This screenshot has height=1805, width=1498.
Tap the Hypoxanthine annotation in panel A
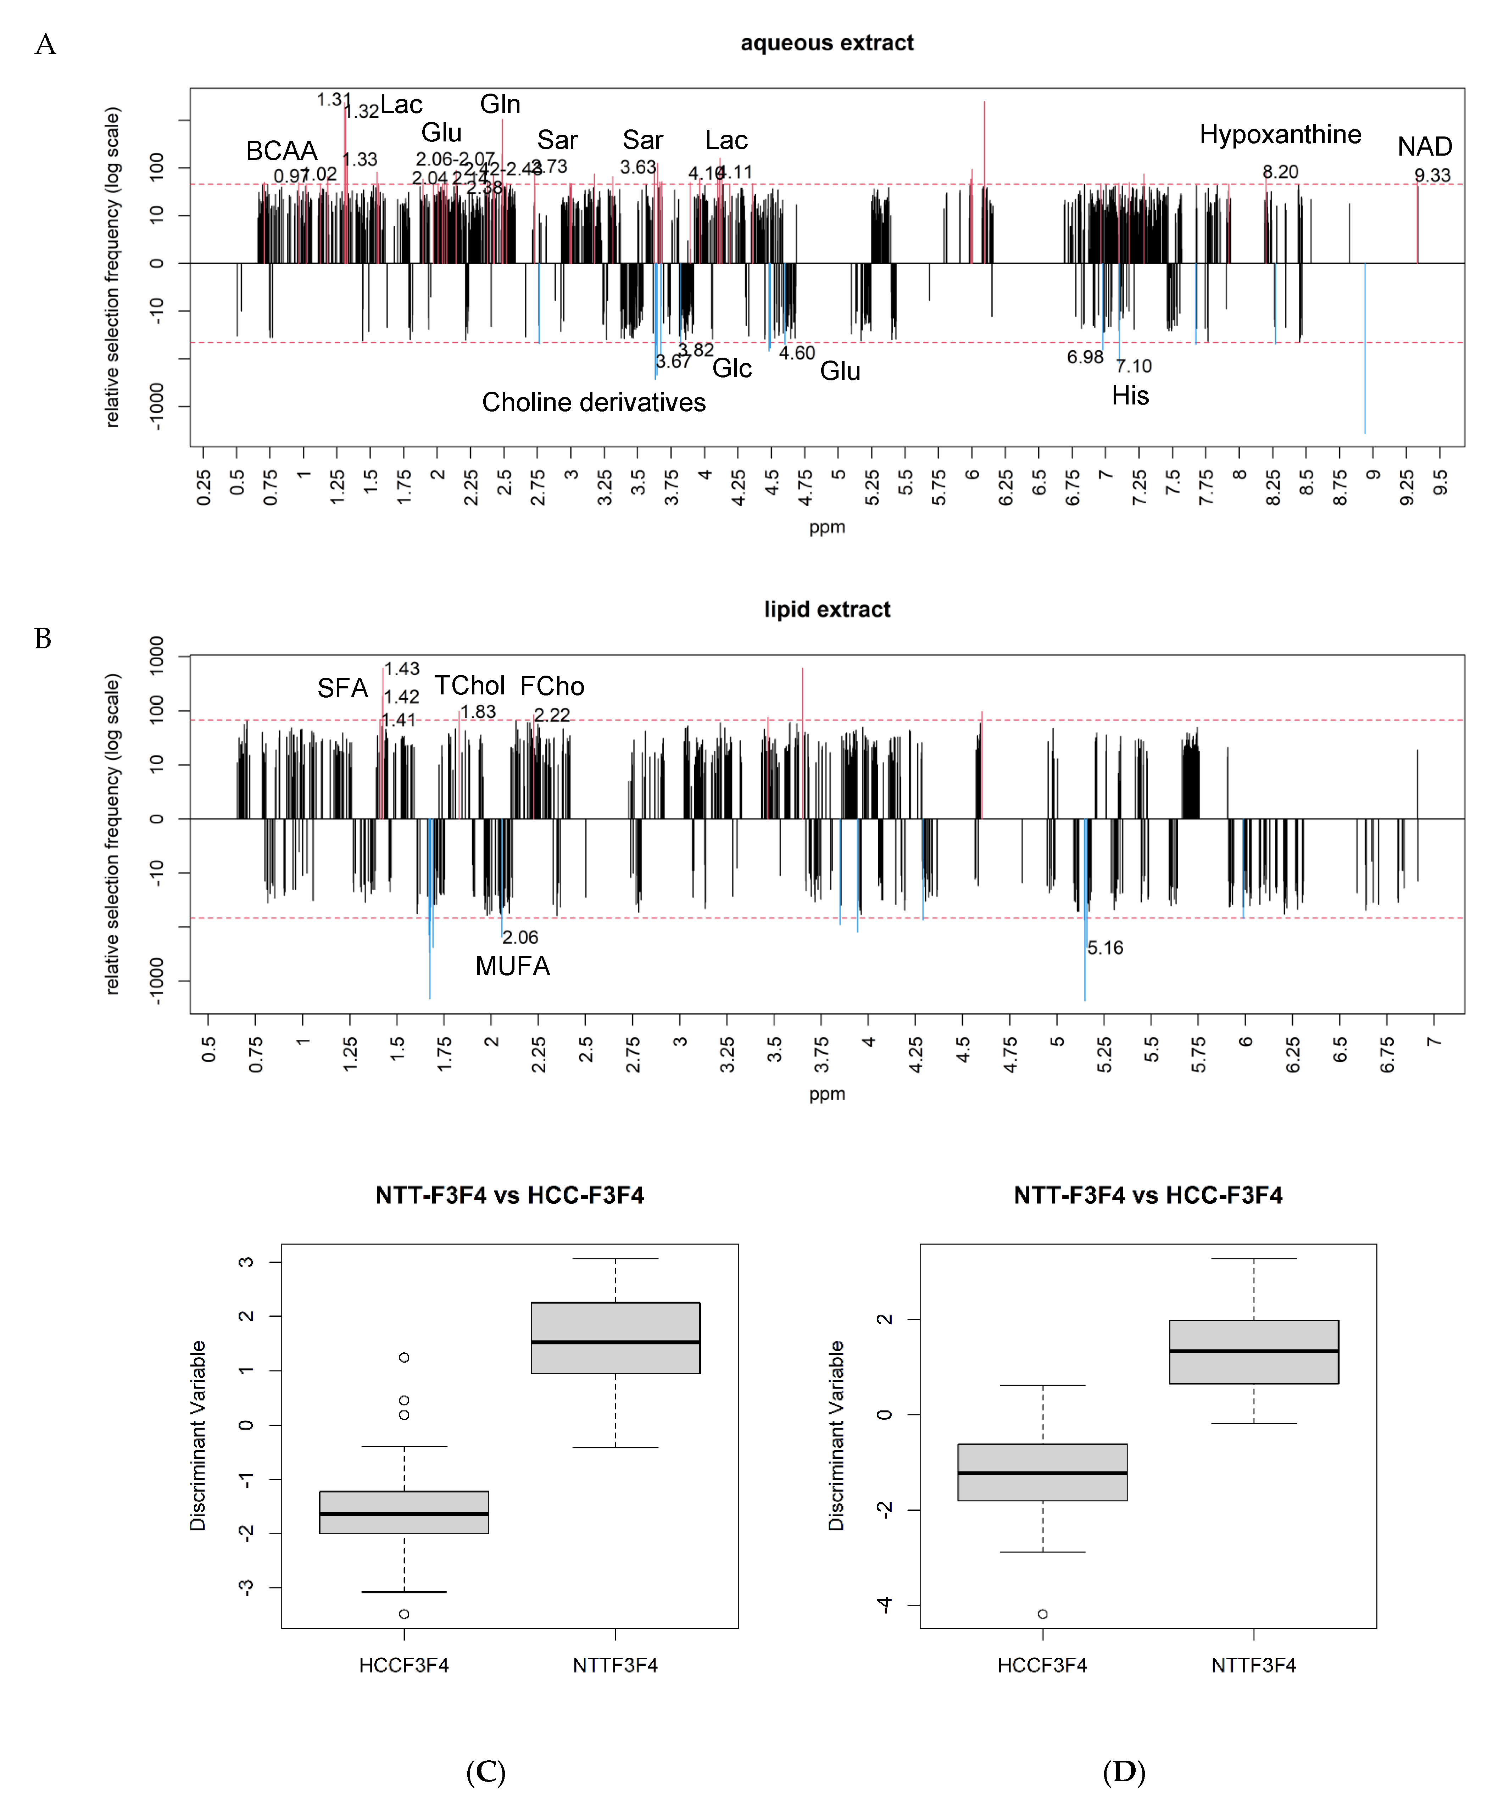pyautogui.click(x=1280, y=135)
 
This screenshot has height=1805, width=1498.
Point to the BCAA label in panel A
pyautogui.click(x=281, y=151)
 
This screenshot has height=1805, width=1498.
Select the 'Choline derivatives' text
pyautogui.click(x=594, y=402)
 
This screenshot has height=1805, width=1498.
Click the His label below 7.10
pyautogui.click(x=1130, y=396)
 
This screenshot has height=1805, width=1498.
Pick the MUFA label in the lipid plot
pyautogui.click(x=513, y=966)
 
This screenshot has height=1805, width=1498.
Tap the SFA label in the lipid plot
pyautogui.click(x=342, y=688)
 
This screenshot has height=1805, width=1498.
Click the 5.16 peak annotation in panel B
pyautogui.click(x=1105, y=948)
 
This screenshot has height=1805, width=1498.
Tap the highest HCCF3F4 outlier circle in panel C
pyautogui.click(x=404, y=1357)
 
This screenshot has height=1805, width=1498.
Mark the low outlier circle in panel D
pyautogui.click(x=1042, y=1614)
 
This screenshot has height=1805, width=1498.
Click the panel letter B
pyautogui.click(x=43, y=639)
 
